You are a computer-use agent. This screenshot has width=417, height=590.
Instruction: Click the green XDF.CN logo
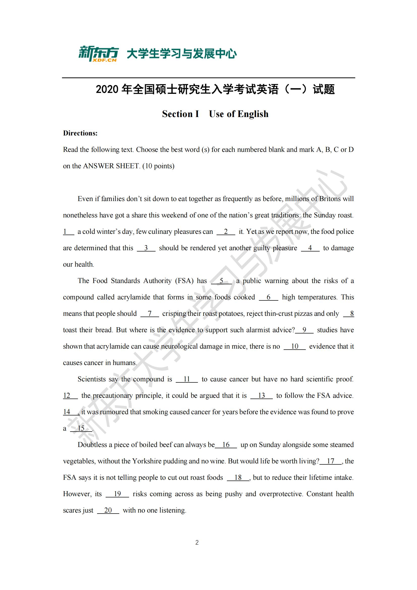point(99,54)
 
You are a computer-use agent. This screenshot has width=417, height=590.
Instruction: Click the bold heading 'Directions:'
point(80,133)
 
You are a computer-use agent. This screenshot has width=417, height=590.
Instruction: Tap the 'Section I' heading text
point(181,114)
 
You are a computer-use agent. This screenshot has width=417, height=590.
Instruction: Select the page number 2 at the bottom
point(197,543)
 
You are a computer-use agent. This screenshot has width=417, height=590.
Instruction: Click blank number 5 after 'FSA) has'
point(221,281)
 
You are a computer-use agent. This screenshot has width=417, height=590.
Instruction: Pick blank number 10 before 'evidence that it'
point(294,346)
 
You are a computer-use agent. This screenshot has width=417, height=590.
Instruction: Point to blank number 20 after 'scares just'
point(108,510)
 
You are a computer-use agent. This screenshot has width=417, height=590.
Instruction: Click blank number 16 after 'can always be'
point(226,444)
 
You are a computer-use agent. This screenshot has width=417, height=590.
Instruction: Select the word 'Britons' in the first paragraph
point(330,199)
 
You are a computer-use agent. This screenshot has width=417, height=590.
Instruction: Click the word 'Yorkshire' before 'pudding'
point(146,461)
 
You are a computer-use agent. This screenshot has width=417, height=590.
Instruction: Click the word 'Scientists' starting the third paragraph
point(92,379)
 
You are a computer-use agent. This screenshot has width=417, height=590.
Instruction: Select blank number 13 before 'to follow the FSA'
point(261,396)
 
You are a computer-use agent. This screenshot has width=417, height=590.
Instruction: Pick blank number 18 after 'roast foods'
point(238,477)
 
